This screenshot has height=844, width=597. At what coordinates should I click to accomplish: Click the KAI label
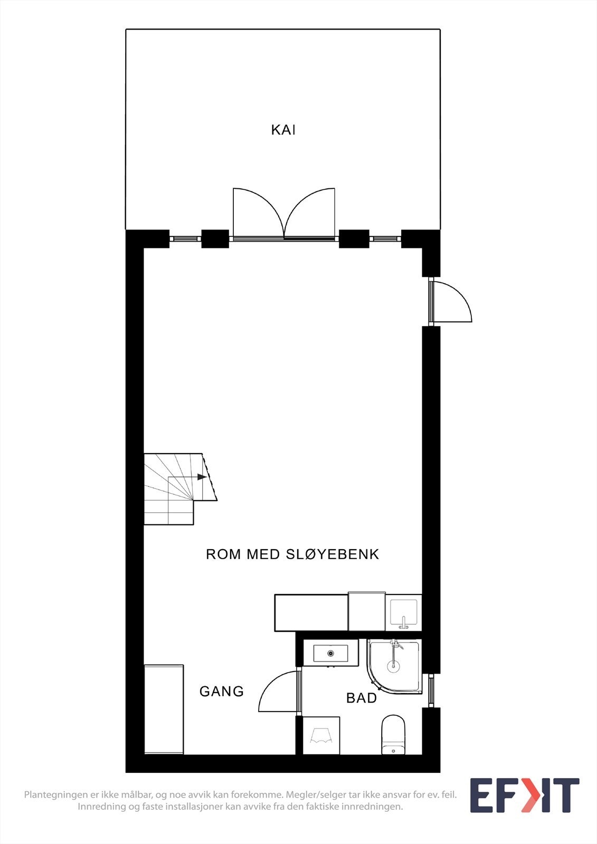283,130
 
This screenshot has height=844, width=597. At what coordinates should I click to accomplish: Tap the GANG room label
222,691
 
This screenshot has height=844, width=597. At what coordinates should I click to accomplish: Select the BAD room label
362,698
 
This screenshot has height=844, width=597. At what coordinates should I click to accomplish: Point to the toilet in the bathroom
393,734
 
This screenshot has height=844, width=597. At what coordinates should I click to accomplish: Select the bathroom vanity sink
330,653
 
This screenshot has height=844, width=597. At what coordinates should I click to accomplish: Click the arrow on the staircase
202,477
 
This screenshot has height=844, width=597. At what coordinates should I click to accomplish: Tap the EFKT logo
524,795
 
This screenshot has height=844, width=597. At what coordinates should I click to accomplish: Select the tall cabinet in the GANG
164,709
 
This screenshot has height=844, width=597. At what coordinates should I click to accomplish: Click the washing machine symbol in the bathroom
321,735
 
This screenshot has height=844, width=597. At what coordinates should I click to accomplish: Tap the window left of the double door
185,239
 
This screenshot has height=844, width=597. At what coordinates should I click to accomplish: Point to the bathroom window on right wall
431,690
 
